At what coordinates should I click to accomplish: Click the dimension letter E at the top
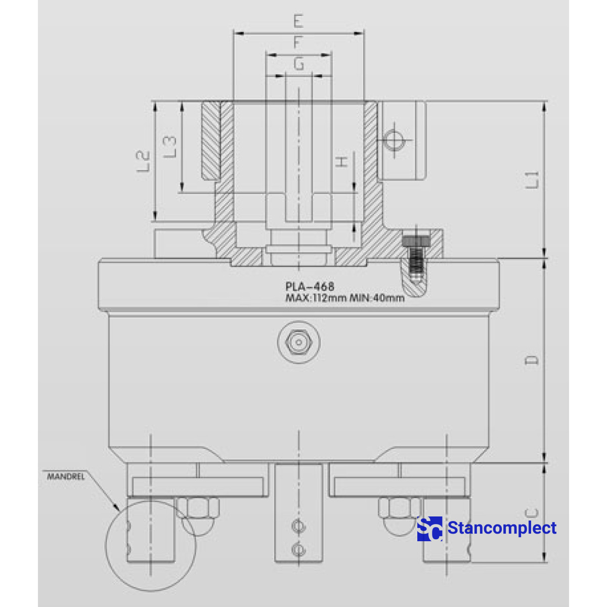click(297, 21)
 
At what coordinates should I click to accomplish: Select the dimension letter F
click(298, 42)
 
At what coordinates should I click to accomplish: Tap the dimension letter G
click(299, 64)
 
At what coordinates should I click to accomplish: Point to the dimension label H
click(343, 162)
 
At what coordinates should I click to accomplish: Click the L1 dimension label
click(533, 180)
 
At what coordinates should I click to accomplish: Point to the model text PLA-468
click(310, 287)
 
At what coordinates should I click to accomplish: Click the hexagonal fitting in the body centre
click(298, 342)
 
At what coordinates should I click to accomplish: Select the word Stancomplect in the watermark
click(502, 528)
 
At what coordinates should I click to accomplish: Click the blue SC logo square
click(429, 529)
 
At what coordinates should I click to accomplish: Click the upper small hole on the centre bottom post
click(298, 527)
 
